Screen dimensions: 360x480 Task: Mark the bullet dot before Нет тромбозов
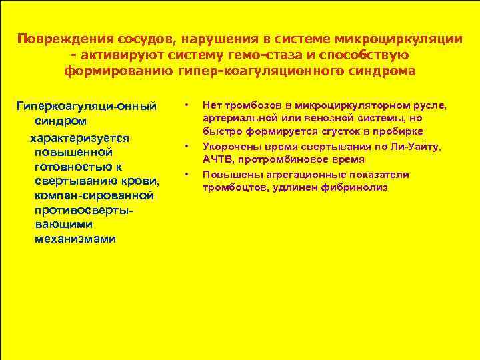tap(188, 105)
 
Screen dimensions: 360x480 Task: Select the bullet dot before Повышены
tap(188, 175)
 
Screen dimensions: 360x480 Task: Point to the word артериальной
tap(234, 118)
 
